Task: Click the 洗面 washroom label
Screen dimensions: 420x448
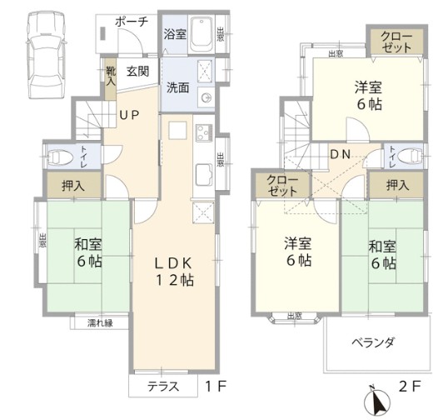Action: (177, 86)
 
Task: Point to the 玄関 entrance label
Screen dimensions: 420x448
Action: (137, 72)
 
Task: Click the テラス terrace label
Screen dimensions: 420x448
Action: (164, 386)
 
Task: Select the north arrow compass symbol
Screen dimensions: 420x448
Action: (377, 402)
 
